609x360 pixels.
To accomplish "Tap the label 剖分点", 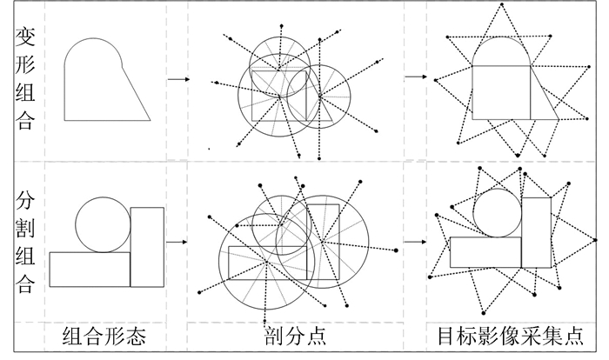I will tap(294, 337).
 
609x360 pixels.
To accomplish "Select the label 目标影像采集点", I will tap(510, 337).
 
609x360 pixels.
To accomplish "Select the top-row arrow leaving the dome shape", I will tap(178, 79).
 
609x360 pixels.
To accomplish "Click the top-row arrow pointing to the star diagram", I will tap(415, 77).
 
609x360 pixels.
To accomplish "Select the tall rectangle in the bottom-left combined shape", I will tap(147, 246).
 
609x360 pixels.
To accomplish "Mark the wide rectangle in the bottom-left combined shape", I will tap(90, 269).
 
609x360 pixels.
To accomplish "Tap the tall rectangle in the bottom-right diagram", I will tap(536, 232).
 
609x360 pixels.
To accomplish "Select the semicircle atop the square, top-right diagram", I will tap(502, 51).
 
